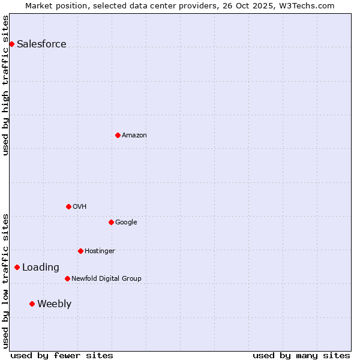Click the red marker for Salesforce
click(x=11, y=44)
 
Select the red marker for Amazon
click(x=118, y=135)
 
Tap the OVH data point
click(x=68, y=206)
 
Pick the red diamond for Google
click(x=111, y=222)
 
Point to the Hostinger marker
click(x=80, y=251)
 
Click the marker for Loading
click(x=17, y=267)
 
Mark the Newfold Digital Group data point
click(x=67, y=278)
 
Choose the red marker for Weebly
click(x=32, y=304)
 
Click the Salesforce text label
click(x=41, y=44)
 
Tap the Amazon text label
click(x=134, y=135)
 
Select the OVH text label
click(x=79, y=206)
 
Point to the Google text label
click(x=126, y=222)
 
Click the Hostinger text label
click(x=100, y=251)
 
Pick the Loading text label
click(x=41, y=267)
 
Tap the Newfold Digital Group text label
click(x=106, y=278)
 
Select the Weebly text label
click(x=54, y=304)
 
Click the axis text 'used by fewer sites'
click(x=62, y=355)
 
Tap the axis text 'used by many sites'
click(x=301, y=355)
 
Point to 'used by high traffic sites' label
click(x=5, y=85)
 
